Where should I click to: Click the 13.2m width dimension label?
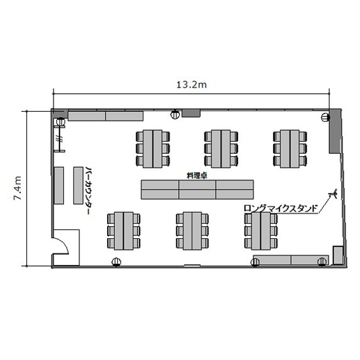pos(192,85)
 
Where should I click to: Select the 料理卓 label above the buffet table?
pos(197,176)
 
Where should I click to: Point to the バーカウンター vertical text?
pos(87,191)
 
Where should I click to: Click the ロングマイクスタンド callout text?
pos(281,209)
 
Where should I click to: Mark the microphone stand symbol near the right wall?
pos(333,194)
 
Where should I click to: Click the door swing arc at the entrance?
pos(63,244)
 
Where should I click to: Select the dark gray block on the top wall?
pos(191,114)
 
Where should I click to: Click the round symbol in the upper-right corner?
pos(325,118)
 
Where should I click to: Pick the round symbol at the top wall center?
pos(175,114)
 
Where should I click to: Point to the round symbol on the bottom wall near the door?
pos(117,262)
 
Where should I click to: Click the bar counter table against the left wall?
pos(59,185)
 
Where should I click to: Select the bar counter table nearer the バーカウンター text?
pos(78,185)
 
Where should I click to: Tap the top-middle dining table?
pos(221,149)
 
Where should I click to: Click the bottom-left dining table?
pos(123,231)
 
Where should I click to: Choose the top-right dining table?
pos(290,149)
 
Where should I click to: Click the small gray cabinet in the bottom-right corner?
pos(338,255)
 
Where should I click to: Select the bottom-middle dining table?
pos(192,231)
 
